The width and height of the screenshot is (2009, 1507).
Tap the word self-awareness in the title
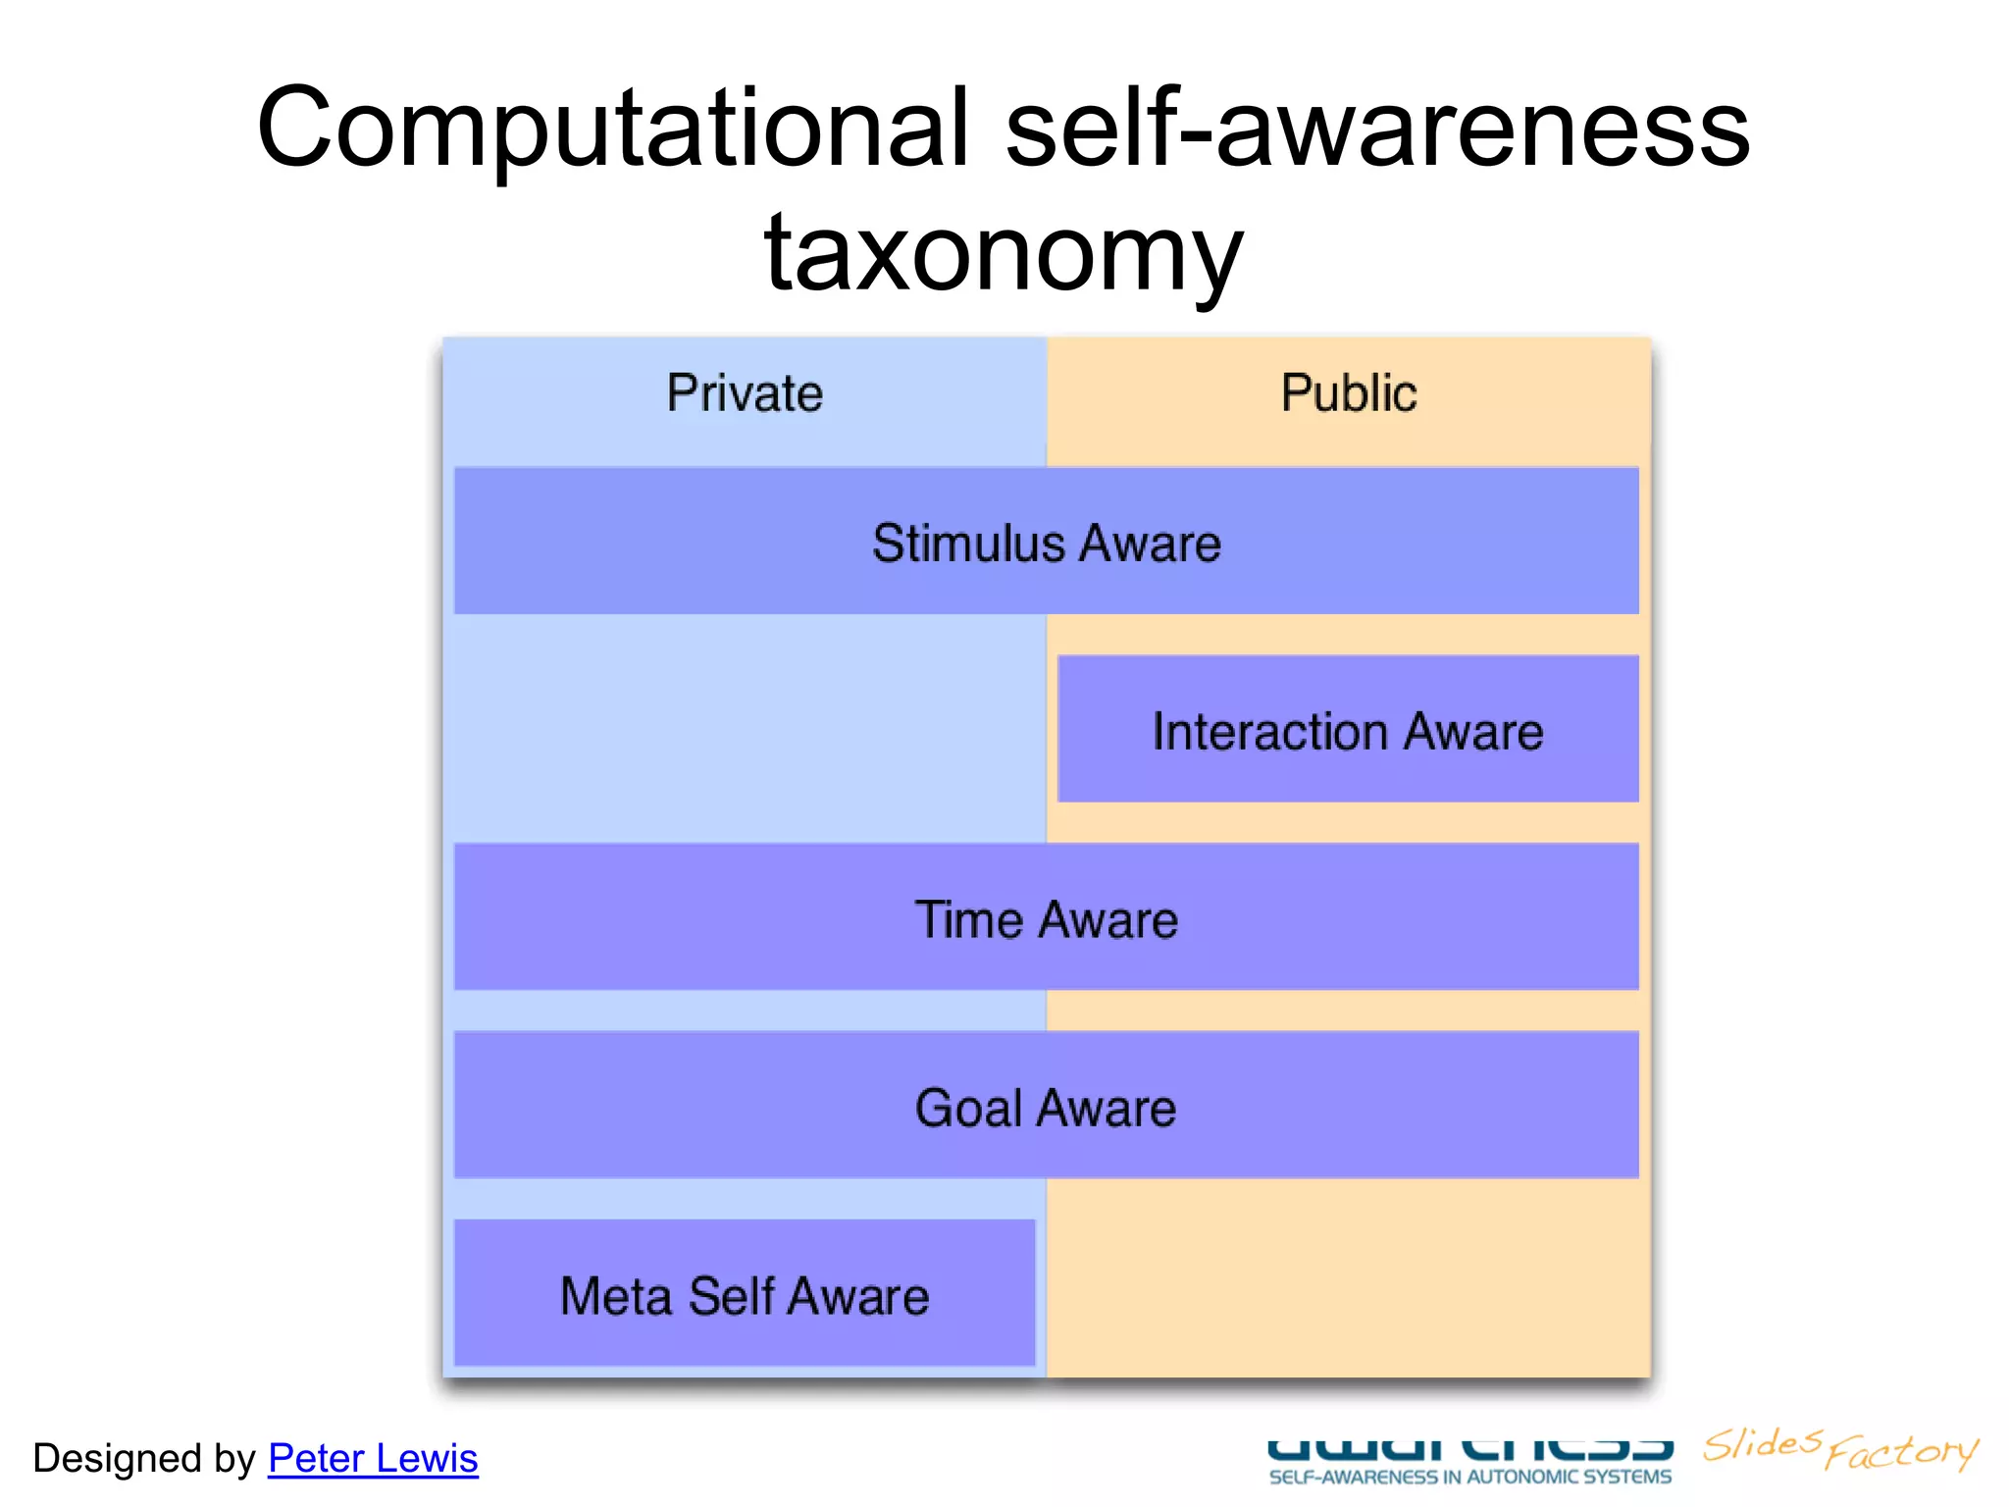tap(1377, 128)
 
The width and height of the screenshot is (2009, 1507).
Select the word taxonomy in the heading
tap(1004, 253)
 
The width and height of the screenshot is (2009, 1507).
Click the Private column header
tap(745, 393)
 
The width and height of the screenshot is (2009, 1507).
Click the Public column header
tap(1348, 393)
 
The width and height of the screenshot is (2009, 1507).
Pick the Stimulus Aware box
tap(1046, 541)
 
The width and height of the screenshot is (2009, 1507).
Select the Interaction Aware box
tap(1348, 729)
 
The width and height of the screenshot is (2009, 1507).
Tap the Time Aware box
tap(1046, 917)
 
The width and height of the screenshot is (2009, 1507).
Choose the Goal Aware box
tap(1046, 1106)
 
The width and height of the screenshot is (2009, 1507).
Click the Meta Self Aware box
tap(745, 1293)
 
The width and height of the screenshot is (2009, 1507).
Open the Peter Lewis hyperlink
tap(373, 1458)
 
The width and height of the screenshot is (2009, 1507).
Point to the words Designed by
tap(143, 1458)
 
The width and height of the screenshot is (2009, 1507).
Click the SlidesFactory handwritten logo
tap(1840, 1448)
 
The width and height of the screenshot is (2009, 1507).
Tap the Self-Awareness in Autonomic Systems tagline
tap(1469, 1477)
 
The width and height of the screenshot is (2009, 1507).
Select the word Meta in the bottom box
tap(615, 1296)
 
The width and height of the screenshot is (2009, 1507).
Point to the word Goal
tap(967, 1109)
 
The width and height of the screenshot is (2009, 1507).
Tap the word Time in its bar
tap(968, 920)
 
